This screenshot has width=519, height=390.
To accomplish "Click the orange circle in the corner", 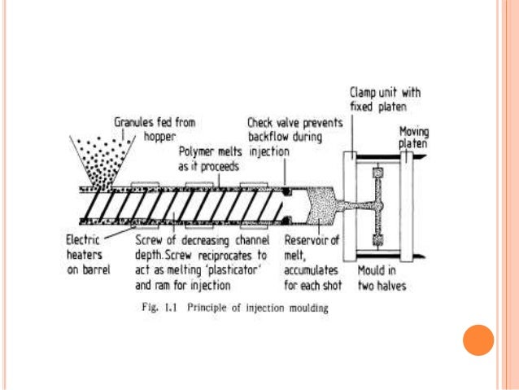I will [478, 340].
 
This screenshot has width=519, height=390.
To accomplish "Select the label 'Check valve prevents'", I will [290, 122].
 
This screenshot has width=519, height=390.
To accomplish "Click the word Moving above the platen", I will [414, 131].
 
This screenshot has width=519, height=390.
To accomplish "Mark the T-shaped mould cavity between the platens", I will [376, 207].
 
